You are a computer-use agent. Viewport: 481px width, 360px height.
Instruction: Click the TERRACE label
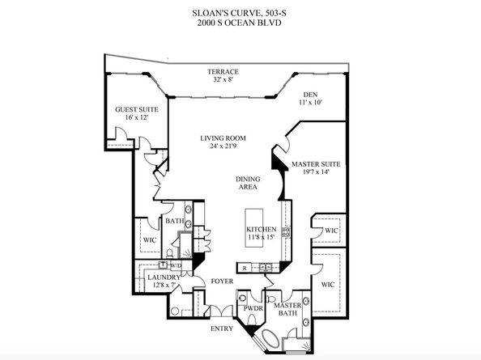click(223, 72)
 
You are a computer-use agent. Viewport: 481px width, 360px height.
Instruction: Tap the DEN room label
click(310, 95)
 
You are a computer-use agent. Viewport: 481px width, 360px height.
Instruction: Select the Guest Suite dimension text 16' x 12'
click(137, 117)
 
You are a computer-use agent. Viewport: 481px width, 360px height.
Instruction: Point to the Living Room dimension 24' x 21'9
click(223, 146)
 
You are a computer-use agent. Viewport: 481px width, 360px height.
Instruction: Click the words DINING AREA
click(248, 183)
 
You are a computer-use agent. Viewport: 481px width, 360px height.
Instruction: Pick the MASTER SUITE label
click(316, 164)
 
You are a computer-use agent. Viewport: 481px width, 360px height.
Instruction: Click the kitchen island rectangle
click(253, 227)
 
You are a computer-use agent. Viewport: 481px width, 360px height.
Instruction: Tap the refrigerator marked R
click(245, 268)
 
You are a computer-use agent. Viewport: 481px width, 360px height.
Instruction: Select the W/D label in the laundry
click(176, 265)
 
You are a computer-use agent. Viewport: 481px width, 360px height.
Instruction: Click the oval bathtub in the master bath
click(270, 338)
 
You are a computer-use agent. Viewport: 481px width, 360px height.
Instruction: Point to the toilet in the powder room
click(251, 320)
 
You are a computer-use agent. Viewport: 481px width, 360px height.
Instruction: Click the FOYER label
click(222, 282)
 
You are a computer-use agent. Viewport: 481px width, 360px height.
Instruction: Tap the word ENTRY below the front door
click(222, 328)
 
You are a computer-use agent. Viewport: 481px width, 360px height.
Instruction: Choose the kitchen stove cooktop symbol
click(287, 232)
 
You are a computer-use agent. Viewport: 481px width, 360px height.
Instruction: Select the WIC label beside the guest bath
click(150, 240)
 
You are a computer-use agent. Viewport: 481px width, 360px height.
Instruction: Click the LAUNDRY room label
click(164, 277)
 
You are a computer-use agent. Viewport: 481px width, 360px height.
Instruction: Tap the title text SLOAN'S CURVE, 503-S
click(240, 13)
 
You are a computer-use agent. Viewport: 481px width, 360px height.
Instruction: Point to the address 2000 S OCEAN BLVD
click(239, 23)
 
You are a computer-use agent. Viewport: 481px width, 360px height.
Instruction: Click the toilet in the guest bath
click(169, 253)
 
